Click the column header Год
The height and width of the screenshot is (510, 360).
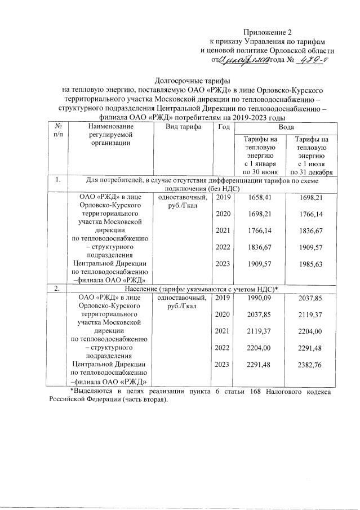tap(223, 127)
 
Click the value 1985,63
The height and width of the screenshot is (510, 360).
tap(312, 263)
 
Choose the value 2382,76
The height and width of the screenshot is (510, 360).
tap(312, 365)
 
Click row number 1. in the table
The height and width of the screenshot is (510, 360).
tap(58, 180)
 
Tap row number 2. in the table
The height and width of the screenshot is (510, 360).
tap(57, 289)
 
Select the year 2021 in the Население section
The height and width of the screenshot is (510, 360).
tap(223, 332)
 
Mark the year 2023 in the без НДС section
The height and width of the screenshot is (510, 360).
tap(223, 263)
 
